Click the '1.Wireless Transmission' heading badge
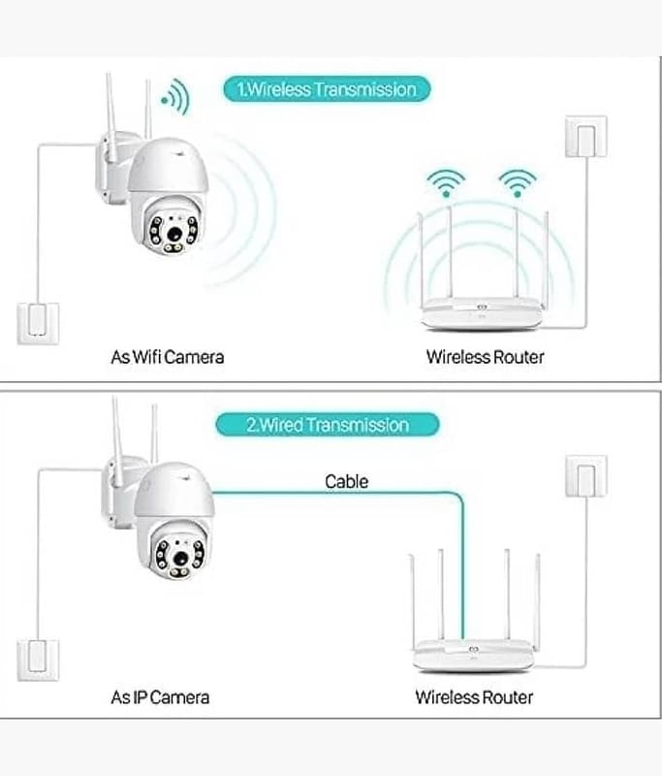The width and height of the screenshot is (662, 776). click(327, 90)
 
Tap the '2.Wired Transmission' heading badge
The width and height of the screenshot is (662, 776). click(327, 425)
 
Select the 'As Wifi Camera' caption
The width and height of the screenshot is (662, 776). click(168, 357)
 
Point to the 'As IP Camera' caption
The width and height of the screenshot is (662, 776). click(160, 696)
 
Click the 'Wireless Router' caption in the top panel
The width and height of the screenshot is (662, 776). click(485, 357)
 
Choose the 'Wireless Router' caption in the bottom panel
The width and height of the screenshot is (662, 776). click(474, 696)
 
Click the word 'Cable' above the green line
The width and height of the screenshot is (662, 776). click(347, 481)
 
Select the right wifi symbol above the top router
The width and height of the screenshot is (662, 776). click(517, 182)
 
